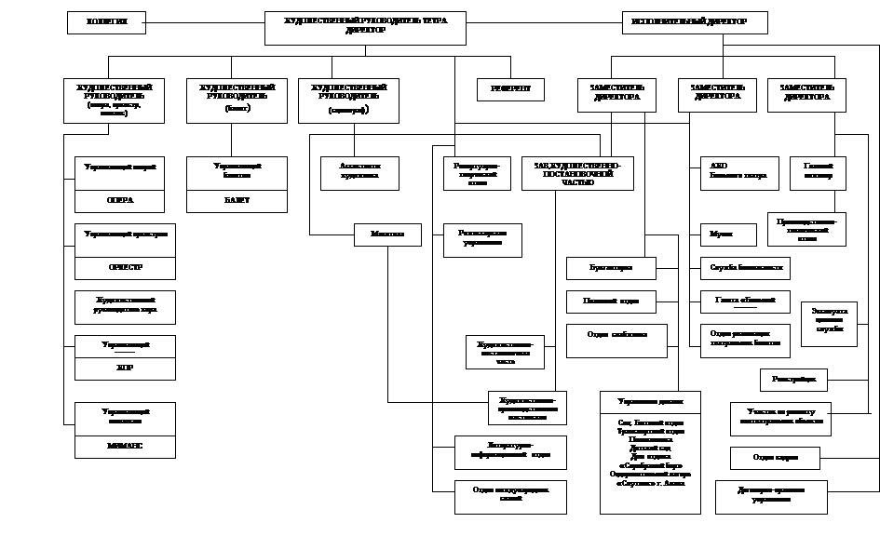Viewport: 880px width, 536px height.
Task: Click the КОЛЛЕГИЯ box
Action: pos(106,22)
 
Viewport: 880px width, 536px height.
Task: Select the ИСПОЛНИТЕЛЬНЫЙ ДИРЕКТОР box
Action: pos(695,22)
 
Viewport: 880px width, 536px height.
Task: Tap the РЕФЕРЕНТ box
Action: pos(510,89)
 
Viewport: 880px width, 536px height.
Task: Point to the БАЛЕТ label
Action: pos(237,201)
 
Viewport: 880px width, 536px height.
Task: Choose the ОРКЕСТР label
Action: pos(125,268)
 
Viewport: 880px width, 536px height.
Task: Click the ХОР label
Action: pos(125,368)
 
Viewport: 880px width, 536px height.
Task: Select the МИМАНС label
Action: pos(125,446)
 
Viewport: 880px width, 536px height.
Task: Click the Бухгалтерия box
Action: pos(611,268)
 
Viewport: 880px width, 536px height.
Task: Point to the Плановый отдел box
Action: pos(611,301)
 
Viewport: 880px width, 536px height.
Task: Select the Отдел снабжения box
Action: pos(616,340)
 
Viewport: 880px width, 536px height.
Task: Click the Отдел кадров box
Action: pos(774,458)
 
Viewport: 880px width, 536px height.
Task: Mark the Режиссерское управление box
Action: pos(482,239)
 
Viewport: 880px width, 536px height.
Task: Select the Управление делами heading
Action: pos(650,402)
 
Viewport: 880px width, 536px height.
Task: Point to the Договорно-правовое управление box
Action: pos(772,495)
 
